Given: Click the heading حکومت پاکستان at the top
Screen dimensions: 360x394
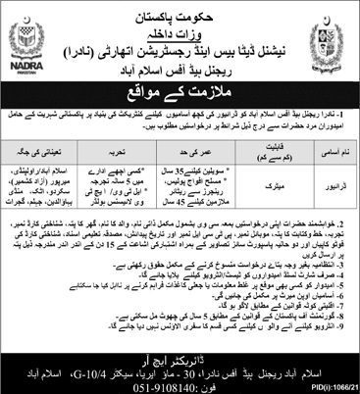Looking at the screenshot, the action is pos(180,11).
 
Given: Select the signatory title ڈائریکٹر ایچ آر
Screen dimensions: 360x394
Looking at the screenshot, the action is pos(180,343).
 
